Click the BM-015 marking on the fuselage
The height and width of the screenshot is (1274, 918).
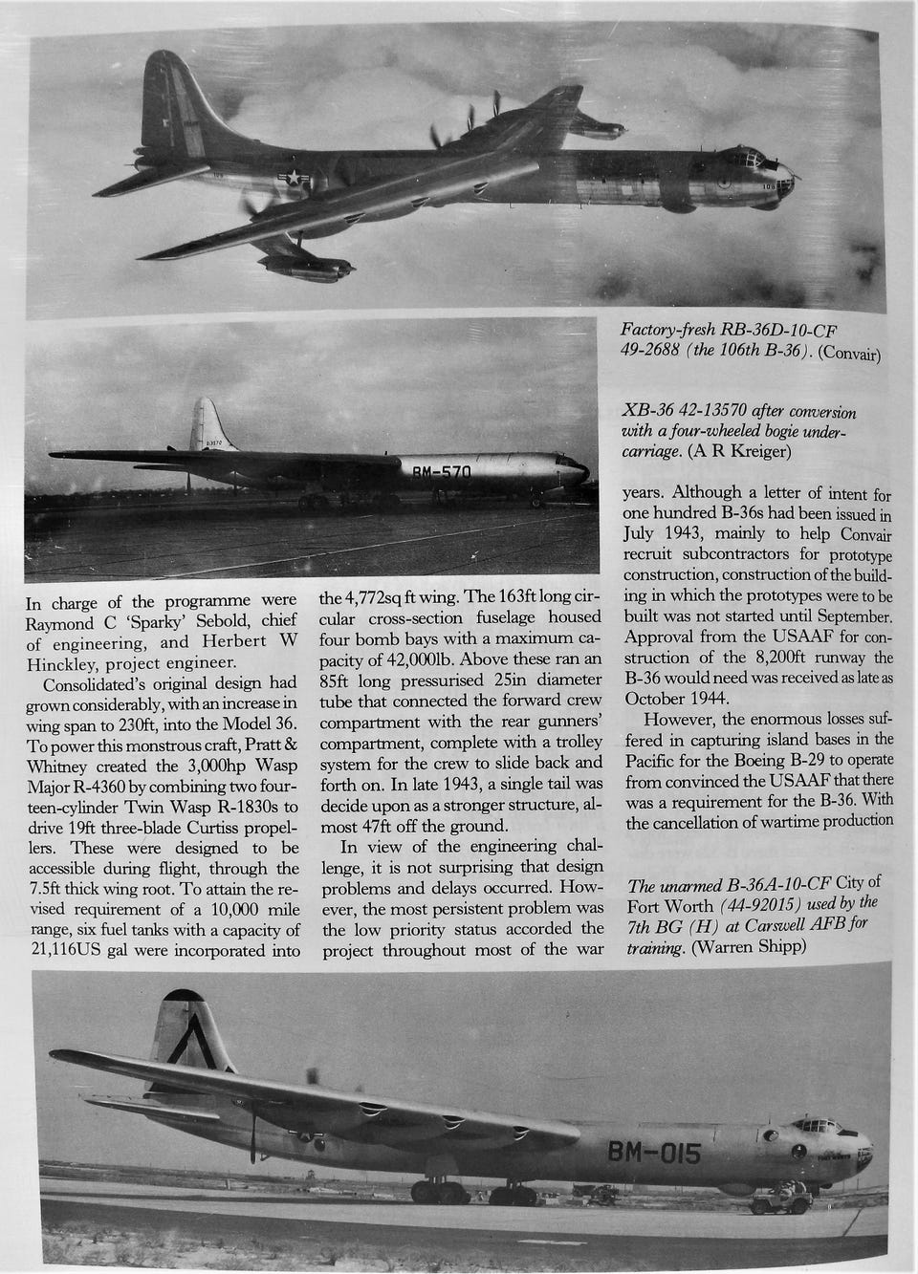654,1153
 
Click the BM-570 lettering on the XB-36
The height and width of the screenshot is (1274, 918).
441,473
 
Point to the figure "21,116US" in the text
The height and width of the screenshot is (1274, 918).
66,950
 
